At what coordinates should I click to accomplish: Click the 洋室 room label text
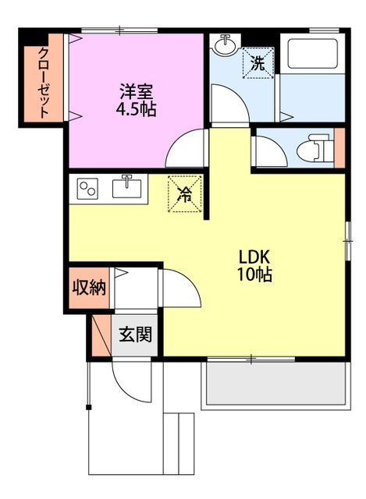[136, 89]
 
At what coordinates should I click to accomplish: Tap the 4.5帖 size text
[136, 108]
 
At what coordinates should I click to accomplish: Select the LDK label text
[254, 257]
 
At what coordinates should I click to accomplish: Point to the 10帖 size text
[254, 276]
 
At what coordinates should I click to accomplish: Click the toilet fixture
[316, 147]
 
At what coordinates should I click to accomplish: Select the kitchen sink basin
[127, 188]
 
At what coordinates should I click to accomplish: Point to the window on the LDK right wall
[347, 239]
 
